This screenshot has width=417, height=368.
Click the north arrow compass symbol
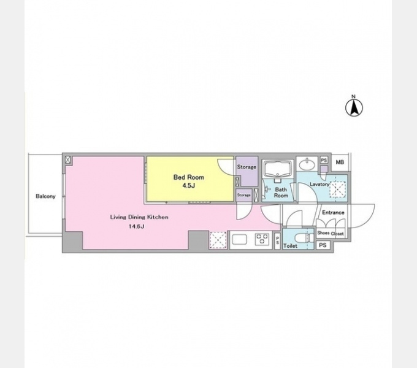(354, 106)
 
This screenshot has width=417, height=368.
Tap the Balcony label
(45, 196)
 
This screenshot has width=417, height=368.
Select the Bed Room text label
(188, 177)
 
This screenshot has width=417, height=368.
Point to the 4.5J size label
(188, 185)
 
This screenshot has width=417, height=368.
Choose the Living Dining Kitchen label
(139, 217)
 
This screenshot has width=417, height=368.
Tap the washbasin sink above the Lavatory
(307, 164)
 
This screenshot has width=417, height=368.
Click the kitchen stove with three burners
(262, 239)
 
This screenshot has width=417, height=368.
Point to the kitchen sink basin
(240, 239)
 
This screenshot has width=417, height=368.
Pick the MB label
(340, 162)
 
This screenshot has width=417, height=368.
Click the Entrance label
(333, 212)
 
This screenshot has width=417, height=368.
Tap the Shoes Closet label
(331, 233)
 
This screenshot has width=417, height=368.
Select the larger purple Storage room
(247, 171)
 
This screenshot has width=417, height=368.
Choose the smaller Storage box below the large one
(243, 195)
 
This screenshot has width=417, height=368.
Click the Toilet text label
(290, 246)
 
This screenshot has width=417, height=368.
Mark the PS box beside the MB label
(324, 160)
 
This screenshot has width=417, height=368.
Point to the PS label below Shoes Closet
(323, 245)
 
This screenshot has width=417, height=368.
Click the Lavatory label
(319, 184)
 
